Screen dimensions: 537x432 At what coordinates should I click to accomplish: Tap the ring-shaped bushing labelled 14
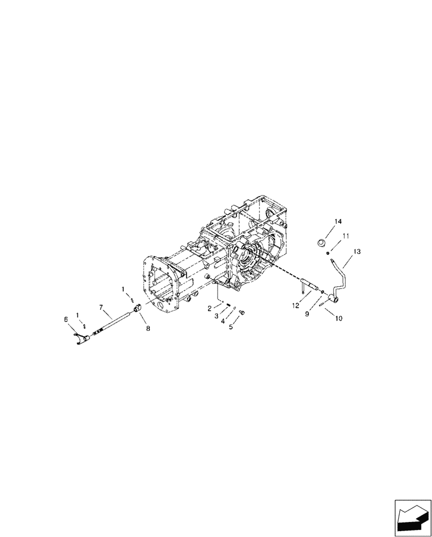322,242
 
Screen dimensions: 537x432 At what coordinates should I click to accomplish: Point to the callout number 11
346,235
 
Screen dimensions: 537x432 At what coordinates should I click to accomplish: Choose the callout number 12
295,306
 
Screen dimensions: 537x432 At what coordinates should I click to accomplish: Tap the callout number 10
339,318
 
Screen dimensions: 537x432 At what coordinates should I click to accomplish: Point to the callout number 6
66,319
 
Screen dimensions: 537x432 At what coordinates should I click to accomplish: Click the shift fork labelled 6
82,338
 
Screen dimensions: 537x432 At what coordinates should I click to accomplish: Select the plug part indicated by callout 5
241,312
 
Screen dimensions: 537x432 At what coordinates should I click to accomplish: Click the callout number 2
210,309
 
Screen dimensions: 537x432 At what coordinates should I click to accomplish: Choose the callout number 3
217,316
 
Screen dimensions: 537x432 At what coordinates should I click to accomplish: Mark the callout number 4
222,321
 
